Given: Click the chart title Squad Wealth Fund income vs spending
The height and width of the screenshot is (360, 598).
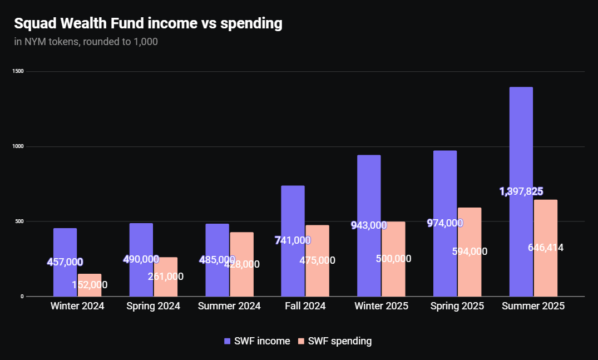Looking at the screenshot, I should pyautogui.click(x=148, y=24).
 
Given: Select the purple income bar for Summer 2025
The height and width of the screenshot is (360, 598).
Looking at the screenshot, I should pyautogui.click(x=521, y=145).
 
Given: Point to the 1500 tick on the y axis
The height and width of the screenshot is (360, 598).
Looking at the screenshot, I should pyautogui.click(x=19, y=72).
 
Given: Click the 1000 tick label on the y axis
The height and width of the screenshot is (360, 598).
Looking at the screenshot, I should pyautogui.click(x=19, y=146).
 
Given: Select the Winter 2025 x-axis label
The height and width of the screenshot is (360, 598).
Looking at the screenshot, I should pyautogui.click(x=381, y=306).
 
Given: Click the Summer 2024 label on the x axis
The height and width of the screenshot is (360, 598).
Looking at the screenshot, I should pyautogui.click(x=229, y=306).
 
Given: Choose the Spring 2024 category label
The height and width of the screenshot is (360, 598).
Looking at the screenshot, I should pyautogui.click(x=153, y=306).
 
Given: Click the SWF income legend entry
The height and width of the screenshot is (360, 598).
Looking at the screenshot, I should pyautogui.click(x=257, y=341).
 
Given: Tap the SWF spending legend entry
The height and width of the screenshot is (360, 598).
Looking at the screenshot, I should pyautogui.click(x=335, y=341).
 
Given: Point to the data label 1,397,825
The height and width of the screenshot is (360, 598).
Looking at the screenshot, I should pyautogui.click(x=521, y=191).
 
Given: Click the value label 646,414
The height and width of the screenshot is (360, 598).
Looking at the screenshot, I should pyautogui.click(x=545, y=248).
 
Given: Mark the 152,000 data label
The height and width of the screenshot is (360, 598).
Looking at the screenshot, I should pyautogui.click(x=90, y=285).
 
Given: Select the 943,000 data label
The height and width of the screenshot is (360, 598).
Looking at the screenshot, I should pyautogui.click(x=369, y=225).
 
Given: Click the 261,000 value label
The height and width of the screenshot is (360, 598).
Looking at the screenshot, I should pyautogui.click(x=165, y=277).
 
